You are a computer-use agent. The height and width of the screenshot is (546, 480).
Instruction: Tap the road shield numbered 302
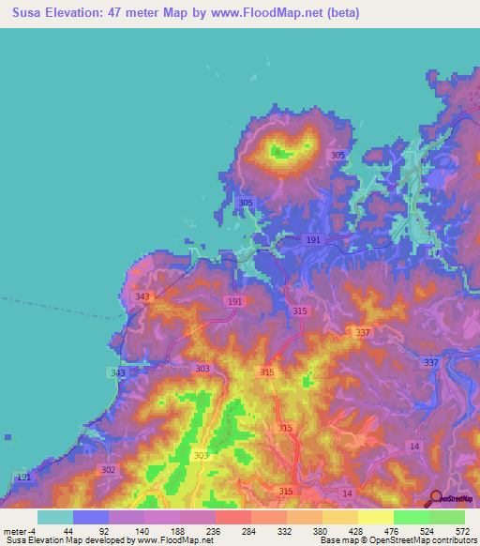[x=108, y=470]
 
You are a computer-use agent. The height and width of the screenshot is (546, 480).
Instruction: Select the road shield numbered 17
[x=434, y=254]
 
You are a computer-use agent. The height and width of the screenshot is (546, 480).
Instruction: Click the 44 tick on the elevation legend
[x=67, y=530]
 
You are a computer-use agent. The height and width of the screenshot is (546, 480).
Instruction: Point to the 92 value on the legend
[x=103, y=530]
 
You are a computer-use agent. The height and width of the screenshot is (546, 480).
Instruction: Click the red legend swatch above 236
[x=233, y=517]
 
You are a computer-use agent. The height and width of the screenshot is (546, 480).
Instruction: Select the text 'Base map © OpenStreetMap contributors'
[x=397, y=540]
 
